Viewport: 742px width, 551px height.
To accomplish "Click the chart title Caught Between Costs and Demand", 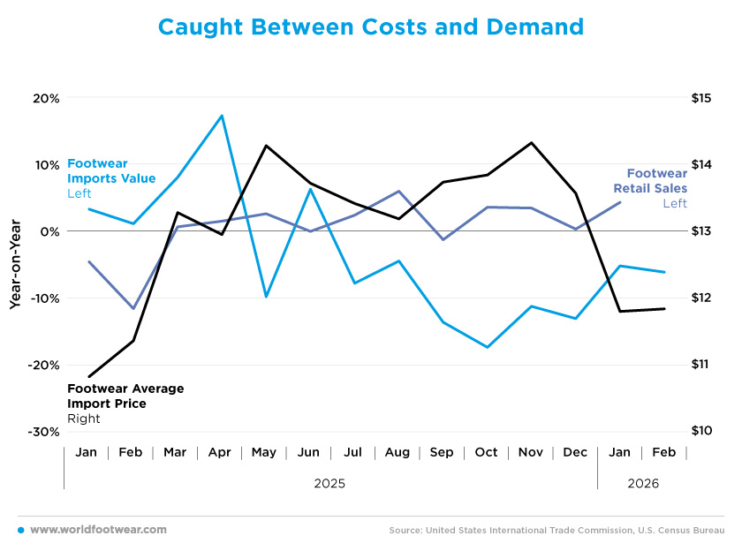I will (370, 27).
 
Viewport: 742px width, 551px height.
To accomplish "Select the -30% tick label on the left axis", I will (43, 432).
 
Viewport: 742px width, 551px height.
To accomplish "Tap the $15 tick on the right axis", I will (701, 98).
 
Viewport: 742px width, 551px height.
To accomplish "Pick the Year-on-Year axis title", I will (15, 264).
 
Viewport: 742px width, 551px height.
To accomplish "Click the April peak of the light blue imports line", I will (222, 116).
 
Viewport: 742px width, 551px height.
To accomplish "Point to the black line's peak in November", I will (531, 142).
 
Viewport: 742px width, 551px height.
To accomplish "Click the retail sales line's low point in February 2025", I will (132, 308).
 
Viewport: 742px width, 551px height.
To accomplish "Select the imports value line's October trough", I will (488, 347).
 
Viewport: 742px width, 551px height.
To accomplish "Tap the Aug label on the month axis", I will (397, 452).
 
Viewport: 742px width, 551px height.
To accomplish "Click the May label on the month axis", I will (264, 452).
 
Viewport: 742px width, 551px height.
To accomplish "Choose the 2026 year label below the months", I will (642, 484).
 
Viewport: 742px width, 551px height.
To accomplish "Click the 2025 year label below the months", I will (329, 484).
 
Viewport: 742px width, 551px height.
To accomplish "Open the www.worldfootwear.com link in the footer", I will (98, 530).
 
